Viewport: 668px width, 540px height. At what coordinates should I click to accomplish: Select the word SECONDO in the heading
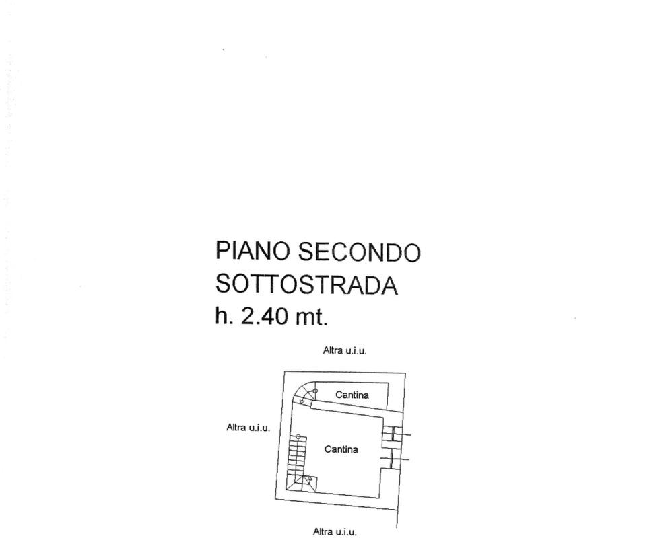(359, 252)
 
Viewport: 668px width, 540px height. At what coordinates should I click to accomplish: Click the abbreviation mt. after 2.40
(312, 317)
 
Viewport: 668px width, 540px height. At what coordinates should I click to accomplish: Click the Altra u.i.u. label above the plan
(345, 350)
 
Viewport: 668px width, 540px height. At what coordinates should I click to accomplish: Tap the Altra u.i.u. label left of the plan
(248, 427)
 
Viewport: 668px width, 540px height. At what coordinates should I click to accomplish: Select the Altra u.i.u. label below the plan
(335, 531)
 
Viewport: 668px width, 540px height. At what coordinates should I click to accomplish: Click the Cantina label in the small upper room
(352, 395)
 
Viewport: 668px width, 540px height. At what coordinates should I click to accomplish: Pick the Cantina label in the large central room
(341, 449)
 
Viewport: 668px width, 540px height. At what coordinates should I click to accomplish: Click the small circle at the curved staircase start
(315, 391)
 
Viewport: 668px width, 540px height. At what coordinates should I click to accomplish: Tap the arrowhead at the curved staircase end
(302, 401)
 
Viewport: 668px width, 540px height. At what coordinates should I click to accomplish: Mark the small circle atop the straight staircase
(298, 436)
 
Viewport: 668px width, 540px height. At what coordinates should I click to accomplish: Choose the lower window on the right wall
(393, 459)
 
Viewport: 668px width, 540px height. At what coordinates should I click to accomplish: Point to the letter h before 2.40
(222, 316)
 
